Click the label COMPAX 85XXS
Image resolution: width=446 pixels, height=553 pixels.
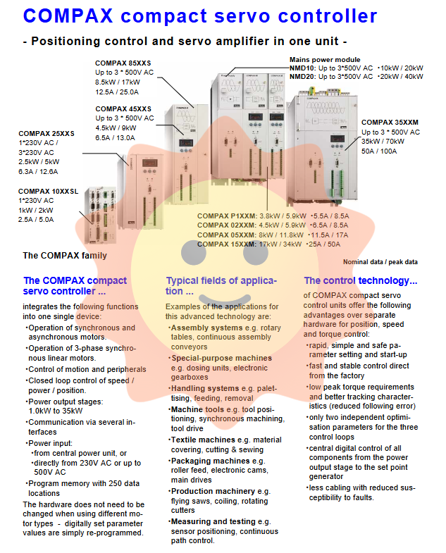point(123,63)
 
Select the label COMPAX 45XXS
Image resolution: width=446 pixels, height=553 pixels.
point(123,108)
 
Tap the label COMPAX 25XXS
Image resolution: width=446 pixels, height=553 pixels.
point(47,133)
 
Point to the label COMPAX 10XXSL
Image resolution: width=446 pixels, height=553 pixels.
point(49,191)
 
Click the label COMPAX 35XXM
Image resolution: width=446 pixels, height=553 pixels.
point(390,123)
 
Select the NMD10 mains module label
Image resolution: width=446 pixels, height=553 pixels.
point(303,68)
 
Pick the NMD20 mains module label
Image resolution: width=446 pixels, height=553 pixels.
point(303,76)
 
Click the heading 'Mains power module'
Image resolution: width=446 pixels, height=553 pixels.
point(325,60)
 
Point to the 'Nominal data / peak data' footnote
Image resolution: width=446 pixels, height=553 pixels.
point(381,262)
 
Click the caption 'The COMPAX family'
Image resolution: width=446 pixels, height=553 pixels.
point(65,256)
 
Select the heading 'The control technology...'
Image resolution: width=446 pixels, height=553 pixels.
point(361,280)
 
